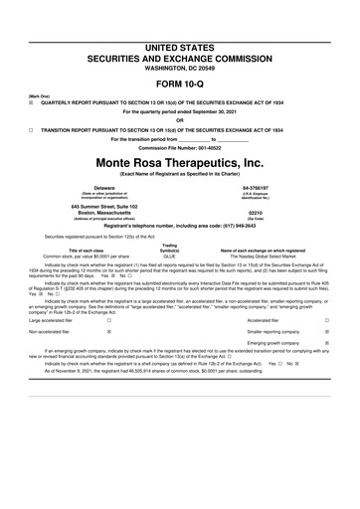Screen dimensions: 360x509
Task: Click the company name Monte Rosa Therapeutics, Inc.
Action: [x=180, y=162]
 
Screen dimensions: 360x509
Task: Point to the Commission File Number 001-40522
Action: [x=180, y=148]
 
